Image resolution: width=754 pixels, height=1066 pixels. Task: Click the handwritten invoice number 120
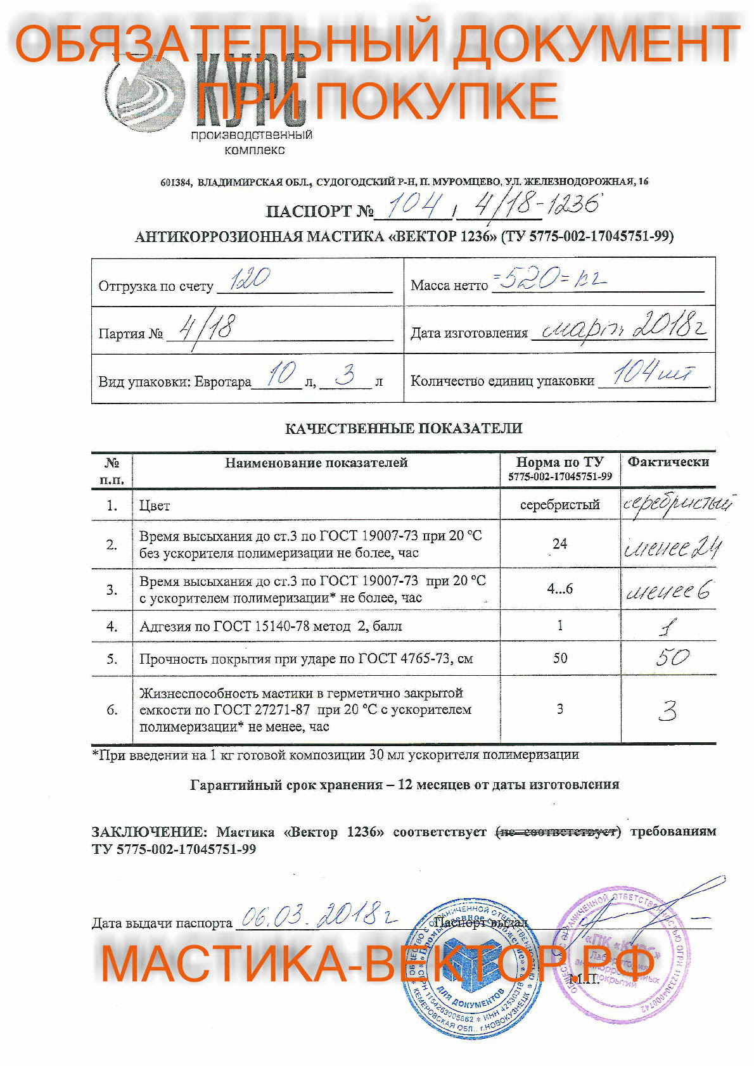(250, 279)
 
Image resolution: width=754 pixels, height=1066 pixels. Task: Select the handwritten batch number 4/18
(207, 328)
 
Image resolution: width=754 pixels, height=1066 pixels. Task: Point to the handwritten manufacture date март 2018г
(620, 327)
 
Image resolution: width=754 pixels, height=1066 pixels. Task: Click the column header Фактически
(668, 462)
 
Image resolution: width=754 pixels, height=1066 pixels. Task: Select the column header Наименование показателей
(316, 463)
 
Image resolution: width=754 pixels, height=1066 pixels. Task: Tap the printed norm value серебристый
(559, 505)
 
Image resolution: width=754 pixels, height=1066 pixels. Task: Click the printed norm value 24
(559, 544)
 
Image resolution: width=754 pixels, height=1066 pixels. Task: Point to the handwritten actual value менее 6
(668, 591)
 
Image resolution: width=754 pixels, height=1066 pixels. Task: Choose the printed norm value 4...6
(559, 589)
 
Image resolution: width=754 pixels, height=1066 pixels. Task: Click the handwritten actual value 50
(672, 657)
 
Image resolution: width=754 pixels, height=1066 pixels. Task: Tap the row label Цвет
(155, 505)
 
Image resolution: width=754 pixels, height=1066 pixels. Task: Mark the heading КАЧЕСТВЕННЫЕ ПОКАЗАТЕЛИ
(404, 428)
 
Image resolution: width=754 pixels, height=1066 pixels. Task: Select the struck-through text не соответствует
(558, 832)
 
